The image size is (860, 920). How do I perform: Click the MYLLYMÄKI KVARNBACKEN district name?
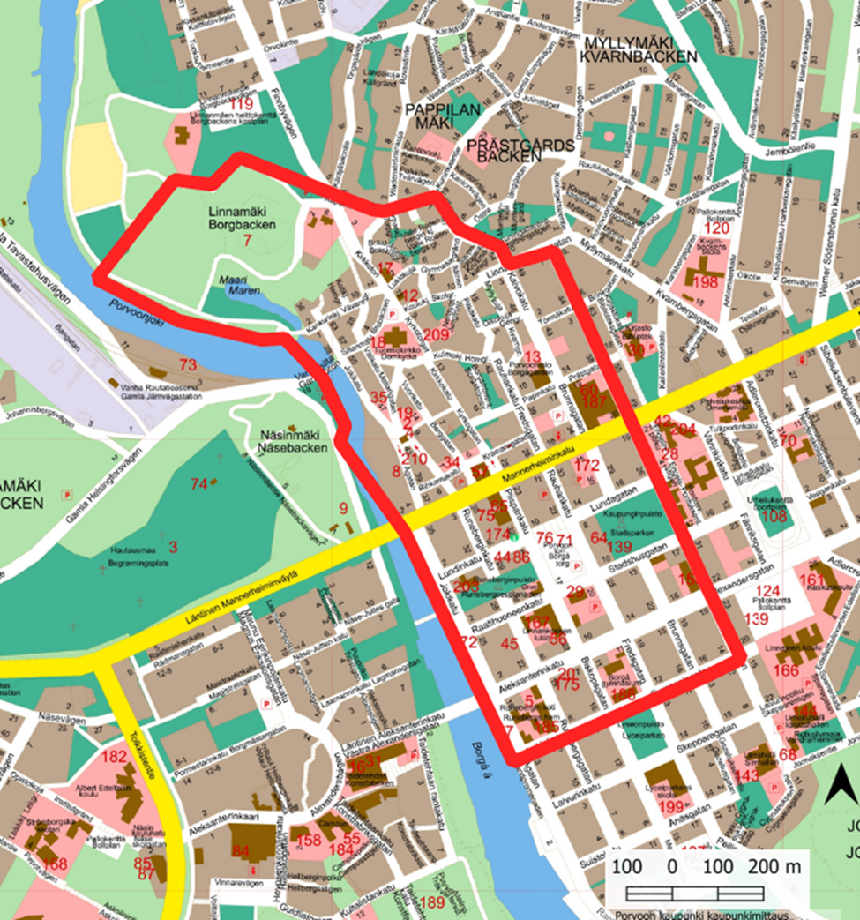point(627,49)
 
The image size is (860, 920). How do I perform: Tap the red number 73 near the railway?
point(188,364)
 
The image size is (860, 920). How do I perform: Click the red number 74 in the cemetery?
point(198,483)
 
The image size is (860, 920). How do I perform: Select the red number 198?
point(706,282)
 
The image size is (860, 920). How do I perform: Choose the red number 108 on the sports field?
point(774,517)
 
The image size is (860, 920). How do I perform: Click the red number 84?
point(240,850)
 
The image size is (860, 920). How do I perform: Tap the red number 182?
point(115,757)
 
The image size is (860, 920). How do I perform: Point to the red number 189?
point(432,902)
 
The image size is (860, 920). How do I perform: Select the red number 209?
point(436,335)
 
